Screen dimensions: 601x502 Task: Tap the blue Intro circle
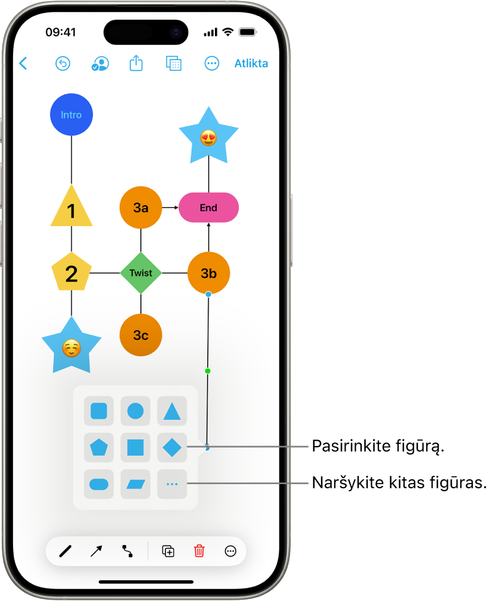tap(71, 115)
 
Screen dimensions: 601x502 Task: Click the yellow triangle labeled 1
tap(72, 209)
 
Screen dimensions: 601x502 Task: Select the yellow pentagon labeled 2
tap(71, 272)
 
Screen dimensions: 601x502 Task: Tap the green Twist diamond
tap(141, 273)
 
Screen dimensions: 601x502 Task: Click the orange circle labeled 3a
tap(141, 207)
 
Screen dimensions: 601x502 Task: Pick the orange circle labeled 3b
tap(208, 273)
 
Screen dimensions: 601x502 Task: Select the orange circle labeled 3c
tap(141, 335)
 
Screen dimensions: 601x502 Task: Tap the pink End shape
tap(208, 207)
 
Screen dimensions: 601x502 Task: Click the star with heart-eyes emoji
tap(208, 138)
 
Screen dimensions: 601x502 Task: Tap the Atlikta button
tap(251, 64)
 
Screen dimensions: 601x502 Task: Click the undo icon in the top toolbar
tap(63, 64)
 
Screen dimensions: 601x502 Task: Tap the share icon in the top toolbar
tap(136, 63)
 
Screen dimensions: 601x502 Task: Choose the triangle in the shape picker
tap(172, 411)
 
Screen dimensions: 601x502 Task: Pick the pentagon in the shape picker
tap(98, 447)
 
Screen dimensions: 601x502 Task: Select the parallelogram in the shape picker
tap(135, 484)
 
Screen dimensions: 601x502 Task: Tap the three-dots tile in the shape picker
tap(172, 484)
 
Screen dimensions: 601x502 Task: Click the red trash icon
tap(199, 552)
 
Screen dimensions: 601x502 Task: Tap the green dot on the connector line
tap(208, 371)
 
